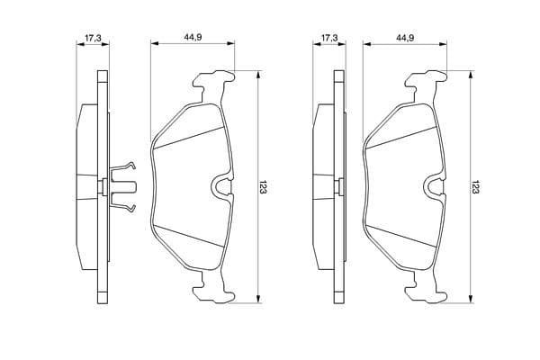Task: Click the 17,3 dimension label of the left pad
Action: [93, 38]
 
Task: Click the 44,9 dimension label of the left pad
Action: [193, 38]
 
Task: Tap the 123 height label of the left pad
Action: [264, 186]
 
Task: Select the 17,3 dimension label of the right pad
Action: [329, 38]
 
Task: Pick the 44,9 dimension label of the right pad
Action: [405, 38]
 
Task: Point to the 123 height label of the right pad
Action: [475, 186]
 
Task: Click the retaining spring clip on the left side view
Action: [123, 186]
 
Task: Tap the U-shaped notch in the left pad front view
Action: [220, 186]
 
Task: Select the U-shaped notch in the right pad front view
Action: [433, 186]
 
